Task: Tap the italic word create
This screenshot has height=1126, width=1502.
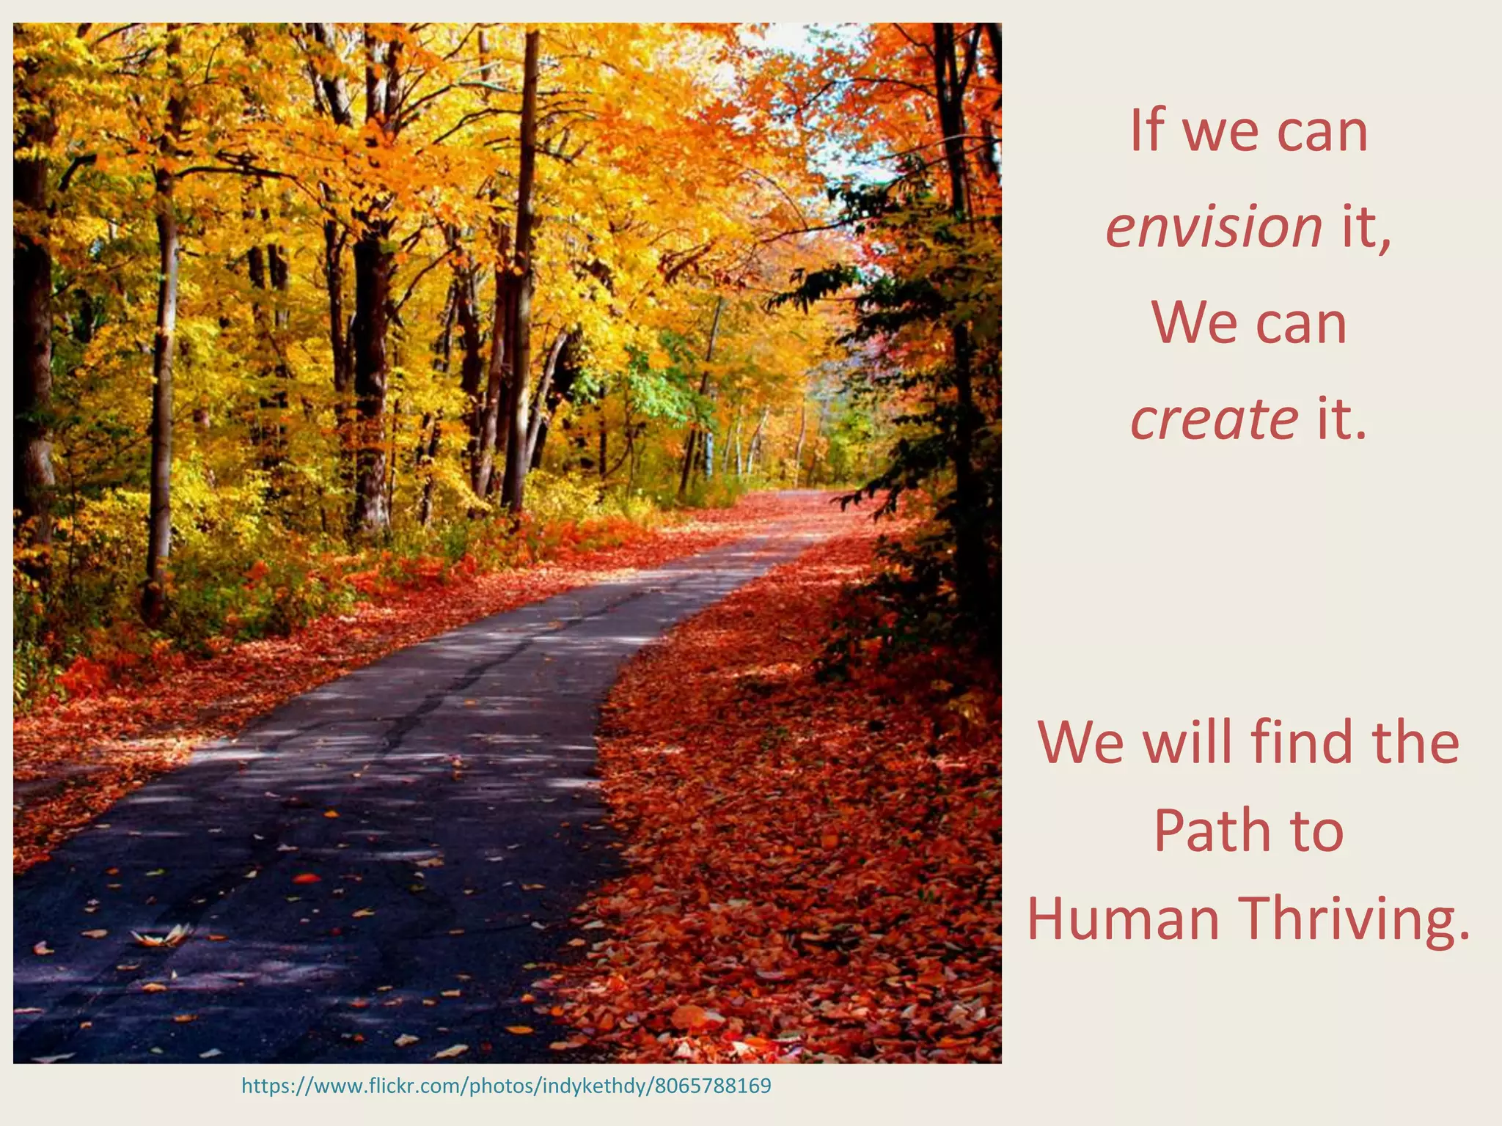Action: [1214, 419]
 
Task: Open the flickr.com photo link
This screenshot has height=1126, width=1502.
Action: [506, 1086]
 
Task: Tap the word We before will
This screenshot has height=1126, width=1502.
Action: [1080, 742]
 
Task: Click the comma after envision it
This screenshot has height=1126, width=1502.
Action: [1385, 242]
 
